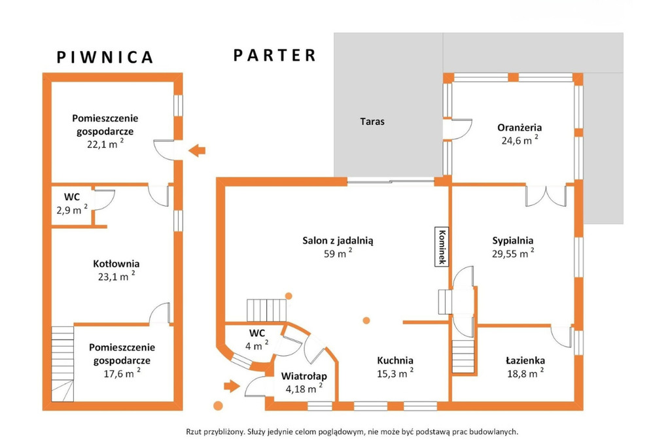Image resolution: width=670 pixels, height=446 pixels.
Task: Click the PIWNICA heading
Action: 105,57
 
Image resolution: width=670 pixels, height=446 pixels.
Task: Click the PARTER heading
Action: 275,55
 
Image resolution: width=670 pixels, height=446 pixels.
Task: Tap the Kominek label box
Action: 442,247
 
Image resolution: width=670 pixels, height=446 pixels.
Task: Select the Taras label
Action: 372,121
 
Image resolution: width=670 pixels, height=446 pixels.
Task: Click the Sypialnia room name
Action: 513,239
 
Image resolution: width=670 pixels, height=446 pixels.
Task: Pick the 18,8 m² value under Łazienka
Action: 523,373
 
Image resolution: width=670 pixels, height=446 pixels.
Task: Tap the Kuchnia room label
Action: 395,360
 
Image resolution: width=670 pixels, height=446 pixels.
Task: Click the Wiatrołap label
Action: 304,376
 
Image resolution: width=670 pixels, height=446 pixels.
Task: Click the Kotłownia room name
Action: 116,264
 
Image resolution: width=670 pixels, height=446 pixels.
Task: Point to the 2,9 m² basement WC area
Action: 71,210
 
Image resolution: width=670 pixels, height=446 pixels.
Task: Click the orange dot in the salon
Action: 365,320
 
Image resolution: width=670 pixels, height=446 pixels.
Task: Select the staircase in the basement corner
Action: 63,363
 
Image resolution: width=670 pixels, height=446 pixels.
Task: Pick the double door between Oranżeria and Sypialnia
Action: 546,196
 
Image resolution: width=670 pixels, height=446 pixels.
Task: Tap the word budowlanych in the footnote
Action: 494,432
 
